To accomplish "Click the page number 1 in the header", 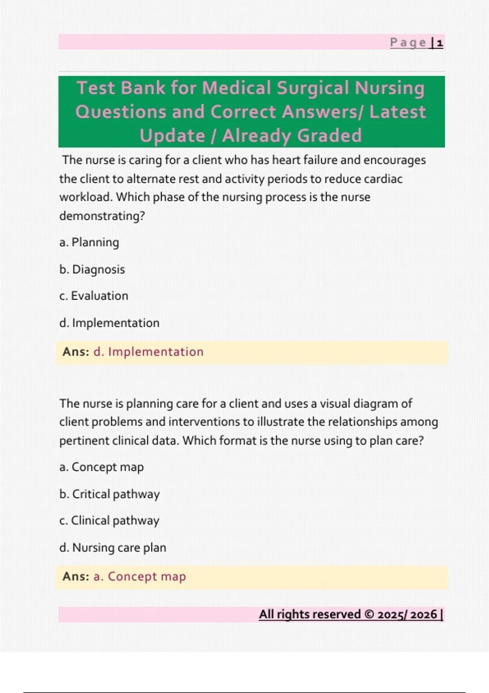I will coord(440,43).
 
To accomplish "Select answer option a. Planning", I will coord(89,243).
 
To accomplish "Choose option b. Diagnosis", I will coord(92,269).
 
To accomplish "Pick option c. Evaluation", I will coord(94,296).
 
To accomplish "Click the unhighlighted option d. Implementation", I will coord(109,323).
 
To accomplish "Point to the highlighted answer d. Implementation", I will coord(148,352).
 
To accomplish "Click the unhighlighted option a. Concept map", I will coord(101,467).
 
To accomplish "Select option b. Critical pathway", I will coord(109,494).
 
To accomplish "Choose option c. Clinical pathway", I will coord(109,521).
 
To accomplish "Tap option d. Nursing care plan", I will coord(112,547).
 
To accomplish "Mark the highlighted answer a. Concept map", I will coord(139,576).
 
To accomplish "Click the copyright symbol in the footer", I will coord(369,614).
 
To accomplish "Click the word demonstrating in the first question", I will coord(102,216).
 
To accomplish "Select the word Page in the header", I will coord(408,42).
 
